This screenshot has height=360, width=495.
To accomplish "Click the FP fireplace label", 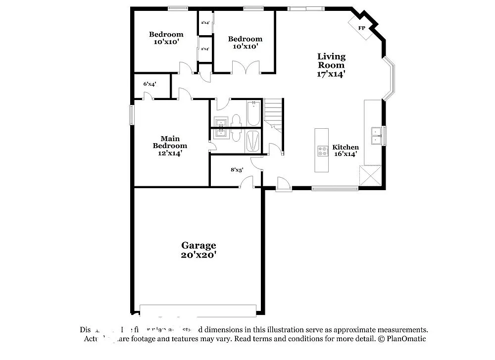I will [362, 28].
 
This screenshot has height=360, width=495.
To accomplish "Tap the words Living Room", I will [331, 61].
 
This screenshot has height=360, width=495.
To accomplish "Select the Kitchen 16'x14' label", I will [345, 151].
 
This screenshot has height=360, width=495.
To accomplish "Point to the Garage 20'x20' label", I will [198, 250].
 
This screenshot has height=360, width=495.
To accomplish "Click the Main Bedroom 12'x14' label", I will [170, 146].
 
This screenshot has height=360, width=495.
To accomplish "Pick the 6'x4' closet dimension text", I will [150, 84].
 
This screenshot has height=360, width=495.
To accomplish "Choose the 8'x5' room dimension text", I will [237, 170].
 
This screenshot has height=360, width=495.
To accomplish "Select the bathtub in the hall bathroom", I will [253, 113].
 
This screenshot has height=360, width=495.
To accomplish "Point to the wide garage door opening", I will [198, 310].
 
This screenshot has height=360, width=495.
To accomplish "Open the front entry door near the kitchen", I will [284, 184].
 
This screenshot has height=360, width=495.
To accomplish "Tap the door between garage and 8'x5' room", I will [247, 183].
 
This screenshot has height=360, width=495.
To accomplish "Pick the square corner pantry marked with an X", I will [370, 176].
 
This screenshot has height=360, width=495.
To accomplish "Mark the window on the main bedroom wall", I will [132, 115].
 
